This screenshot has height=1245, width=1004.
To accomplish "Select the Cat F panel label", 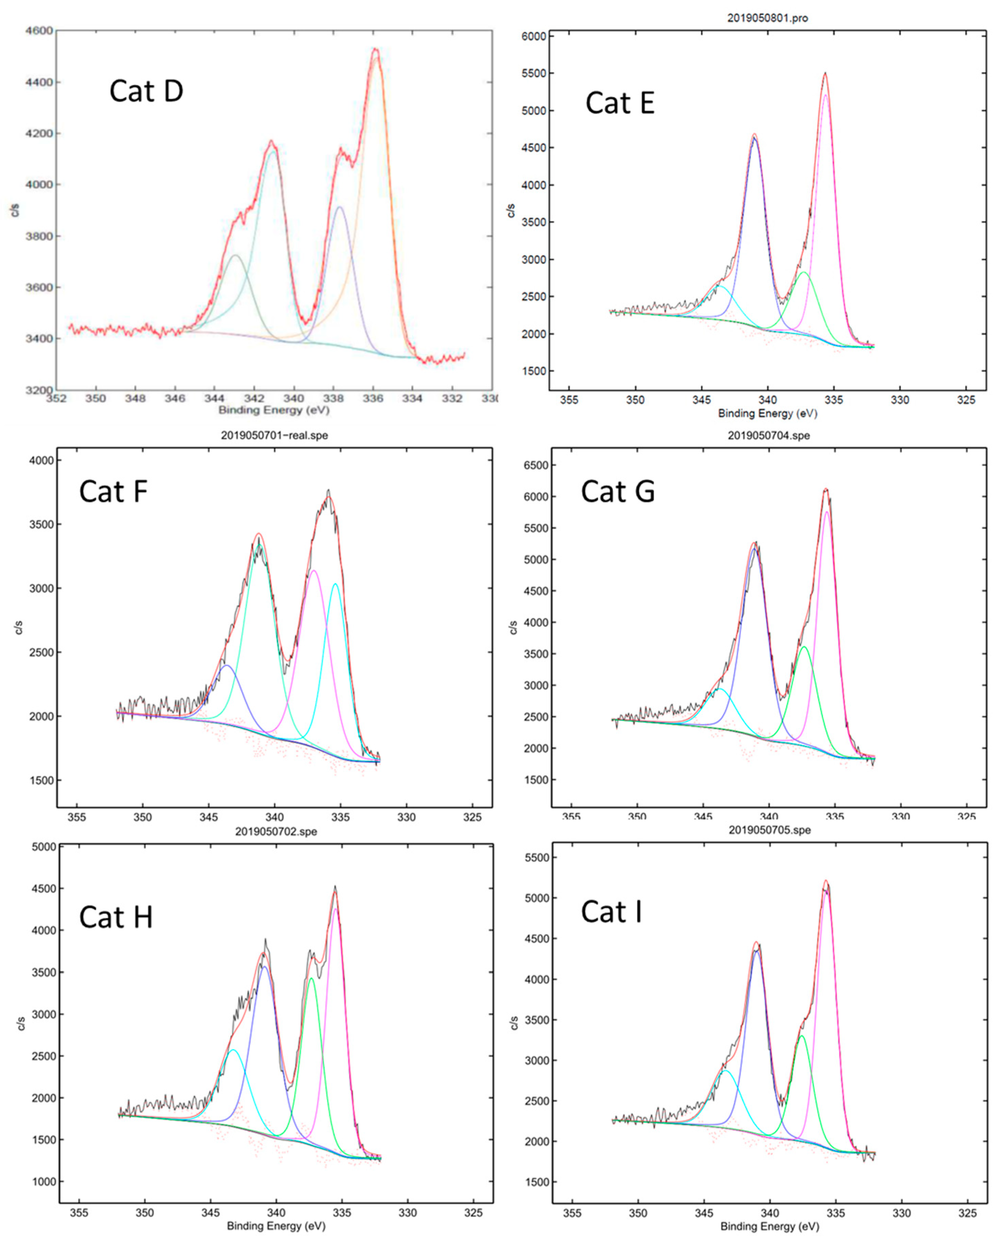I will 113,492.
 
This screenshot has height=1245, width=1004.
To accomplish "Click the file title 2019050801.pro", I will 767,18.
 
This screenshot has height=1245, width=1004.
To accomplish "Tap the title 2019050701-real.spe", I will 274,435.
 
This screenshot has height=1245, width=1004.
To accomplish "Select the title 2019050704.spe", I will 769,435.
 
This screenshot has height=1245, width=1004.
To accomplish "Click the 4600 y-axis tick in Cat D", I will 39,31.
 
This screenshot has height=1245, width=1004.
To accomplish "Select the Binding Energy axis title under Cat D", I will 274,410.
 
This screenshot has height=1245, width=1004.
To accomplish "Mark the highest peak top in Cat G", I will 826,489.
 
